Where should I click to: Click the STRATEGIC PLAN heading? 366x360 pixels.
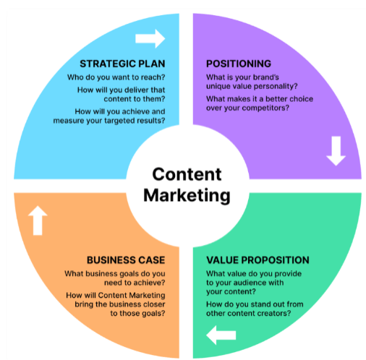click(122, 64)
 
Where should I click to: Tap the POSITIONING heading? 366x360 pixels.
click(239, 64)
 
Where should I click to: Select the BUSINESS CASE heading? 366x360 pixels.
click(126, 260)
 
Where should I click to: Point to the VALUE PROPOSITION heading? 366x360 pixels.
click(258, 260)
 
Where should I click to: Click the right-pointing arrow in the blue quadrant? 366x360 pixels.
click(150, 38)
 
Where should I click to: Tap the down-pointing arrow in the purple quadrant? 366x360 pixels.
click(336, 151)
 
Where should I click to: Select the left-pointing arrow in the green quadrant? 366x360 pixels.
click(221, 335)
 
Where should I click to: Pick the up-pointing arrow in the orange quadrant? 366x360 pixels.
click(38, 220)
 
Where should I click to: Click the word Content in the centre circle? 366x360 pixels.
click(187, 174)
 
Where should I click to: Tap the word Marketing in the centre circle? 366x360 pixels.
click(187, 196)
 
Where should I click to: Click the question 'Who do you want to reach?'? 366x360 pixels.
click(116, 77)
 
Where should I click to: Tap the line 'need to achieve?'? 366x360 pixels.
click(135, 283)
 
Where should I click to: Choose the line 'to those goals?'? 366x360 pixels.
click(138, 313)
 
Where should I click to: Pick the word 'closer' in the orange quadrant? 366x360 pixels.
click(154, 304)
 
